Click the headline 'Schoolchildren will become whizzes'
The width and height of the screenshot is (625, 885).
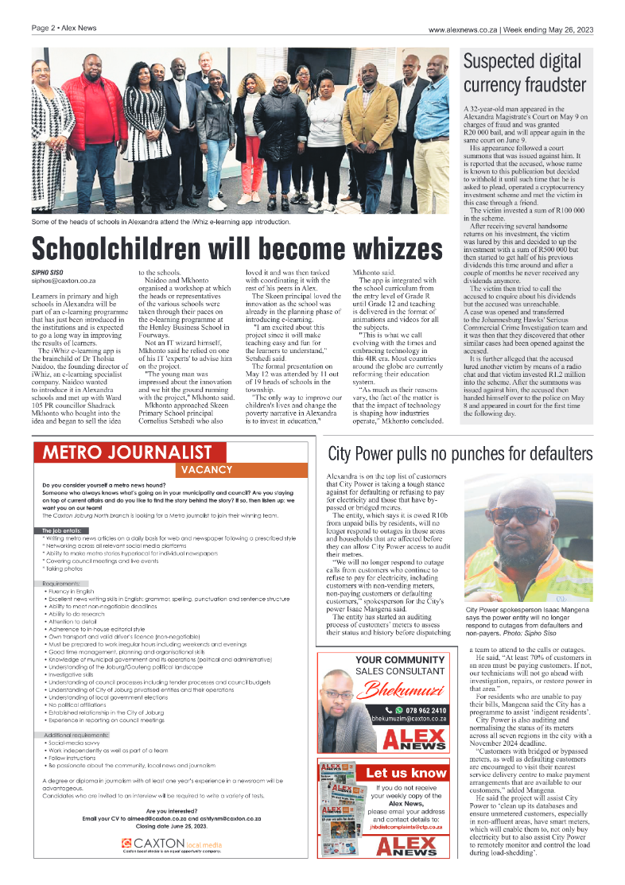click(237, 248)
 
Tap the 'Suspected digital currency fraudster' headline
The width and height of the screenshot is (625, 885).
click(525, 73)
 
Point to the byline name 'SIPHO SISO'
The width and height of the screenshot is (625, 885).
click(49, 273)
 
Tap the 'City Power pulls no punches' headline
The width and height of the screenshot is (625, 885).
click(460, 454)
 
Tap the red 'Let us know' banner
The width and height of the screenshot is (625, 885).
click(406, 772)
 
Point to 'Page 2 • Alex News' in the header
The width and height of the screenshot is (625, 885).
click(64, 29)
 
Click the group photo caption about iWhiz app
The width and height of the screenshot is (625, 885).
click(161, 222)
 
